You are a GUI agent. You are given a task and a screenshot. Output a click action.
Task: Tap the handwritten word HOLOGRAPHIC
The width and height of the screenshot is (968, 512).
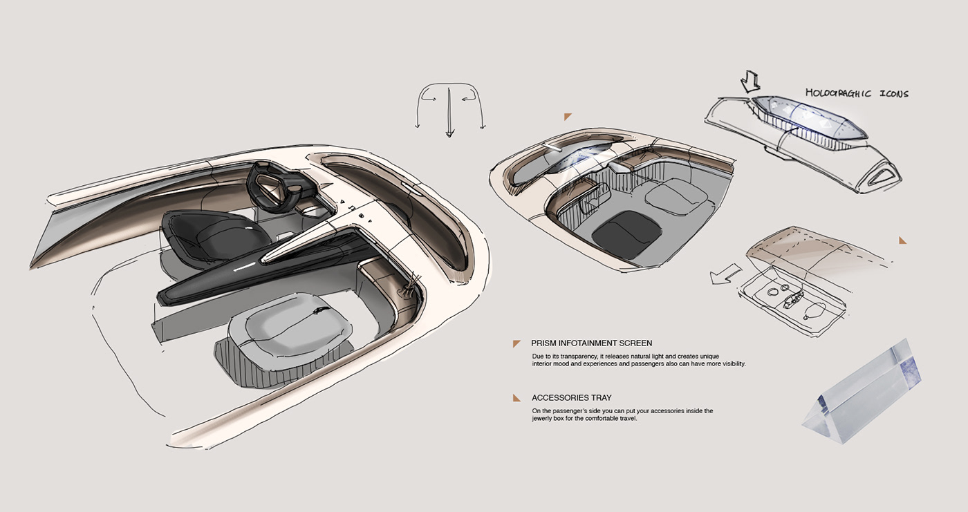(836, 93)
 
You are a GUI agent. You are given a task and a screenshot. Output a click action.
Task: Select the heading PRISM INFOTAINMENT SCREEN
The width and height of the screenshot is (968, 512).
(591, 343)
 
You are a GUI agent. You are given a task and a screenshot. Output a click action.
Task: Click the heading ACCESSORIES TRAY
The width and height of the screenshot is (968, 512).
(571, 398)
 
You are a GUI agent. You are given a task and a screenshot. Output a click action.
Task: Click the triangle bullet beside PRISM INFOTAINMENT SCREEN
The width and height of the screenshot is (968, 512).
(516, 343)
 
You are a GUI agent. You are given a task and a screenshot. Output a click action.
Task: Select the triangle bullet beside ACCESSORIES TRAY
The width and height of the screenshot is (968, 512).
(516, 398)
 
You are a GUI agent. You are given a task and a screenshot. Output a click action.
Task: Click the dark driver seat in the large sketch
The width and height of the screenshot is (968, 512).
(207, 236)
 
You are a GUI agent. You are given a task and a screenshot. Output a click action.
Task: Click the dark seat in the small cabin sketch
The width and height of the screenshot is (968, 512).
(626, 233)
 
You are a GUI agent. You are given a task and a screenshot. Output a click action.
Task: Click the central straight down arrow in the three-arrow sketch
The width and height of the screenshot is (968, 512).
(449, 111)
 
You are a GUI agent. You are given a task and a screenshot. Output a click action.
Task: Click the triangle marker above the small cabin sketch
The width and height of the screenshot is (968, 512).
(568, 117)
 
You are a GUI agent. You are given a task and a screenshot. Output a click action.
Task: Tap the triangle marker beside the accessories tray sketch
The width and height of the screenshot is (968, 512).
(902, 240)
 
